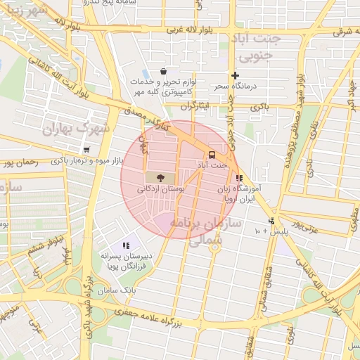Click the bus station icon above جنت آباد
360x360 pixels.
coord(210,155)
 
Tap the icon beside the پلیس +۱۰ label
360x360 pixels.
coord(272,221)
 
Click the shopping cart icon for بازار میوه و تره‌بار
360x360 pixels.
coord(86,150)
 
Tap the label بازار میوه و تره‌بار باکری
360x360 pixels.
coord(86,161)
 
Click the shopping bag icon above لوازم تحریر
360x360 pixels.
coord(163,71)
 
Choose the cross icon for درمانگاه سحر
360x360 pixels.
coord(235,75)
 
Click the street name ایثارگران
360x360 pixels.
coord(196,107)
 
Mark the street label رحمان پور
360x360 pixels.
coord(20,162)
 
